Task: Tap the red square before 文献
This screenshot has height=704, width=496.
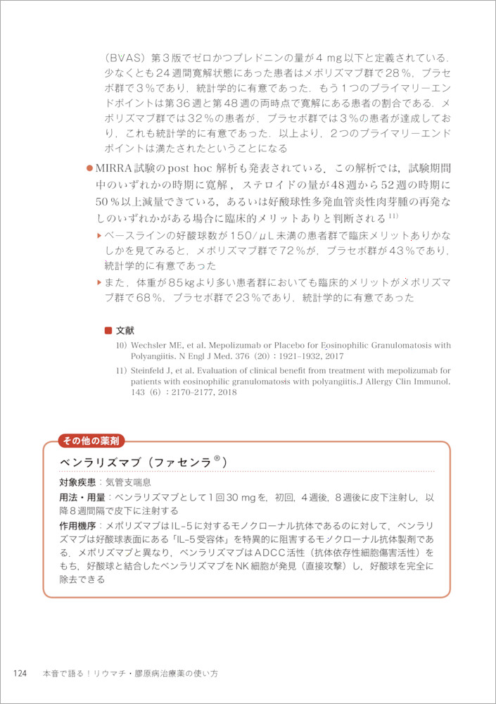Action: click(108, 330)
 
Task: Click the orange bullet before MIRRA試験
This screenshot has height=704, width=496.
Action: click(89, 169)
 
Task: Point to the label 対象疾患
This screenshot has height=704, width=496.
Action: click(77, 484)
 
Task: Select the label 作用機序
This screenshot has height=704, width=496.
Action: click(77, 526)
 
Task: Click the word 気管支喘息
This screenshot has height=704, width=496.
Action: click(127, 484)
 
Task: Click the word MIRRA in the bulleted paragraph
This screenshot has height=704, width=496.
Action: click(113, 169)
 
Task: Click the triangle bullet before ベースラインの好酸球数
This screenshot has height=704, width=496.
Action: click(100, 234)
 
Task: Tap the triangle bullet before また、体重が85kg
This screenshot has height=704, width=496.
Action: click(100, 282)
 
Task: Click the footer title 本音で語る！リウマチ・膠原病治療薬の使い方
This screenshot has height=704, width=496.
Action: click(130, 674)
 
